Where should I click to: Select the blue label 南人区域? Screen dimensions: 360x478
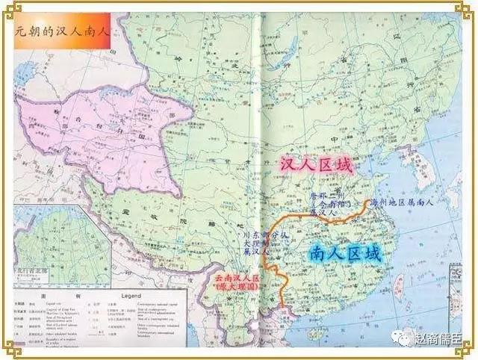tap(344, 254)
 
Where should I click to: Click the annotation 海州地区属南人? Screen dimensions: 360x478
tap(407, 202)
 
